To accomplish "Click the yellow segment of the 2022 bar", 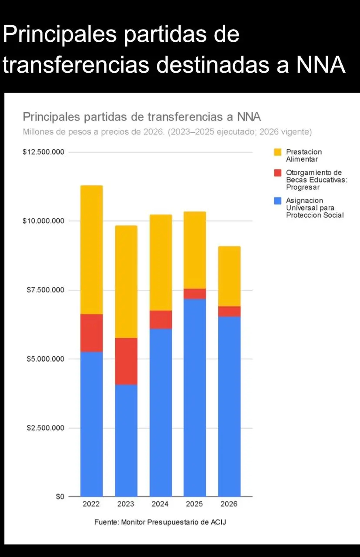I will [91, 249].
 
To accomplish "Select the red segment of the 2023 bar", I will [126, 361].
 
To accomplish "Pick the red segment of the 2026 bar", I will [229, 311].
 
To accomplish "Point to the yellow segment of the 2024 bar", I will [160, 262].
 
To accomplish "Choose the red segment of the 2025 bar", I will [195, 294].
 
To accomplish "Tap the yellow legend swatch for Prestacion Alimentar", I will [278, 152].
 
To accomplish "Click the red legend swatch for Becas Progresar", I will [278, 173].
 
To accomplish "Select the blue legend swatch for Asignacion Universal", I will [278, 201].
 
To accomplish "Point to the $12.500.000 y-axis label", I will [43, 152].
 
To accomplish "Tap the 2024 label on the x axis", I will [160, 504].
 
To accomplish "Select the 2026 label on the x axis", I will [229, 504].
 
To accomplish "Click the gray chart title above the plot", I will [142, 117].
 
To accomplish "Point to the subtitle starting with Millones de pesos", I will [167, 131].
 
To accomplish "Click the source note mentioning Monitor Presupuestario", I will [160, 522].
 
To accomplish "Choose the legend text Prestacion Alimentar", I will [303, 155].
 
